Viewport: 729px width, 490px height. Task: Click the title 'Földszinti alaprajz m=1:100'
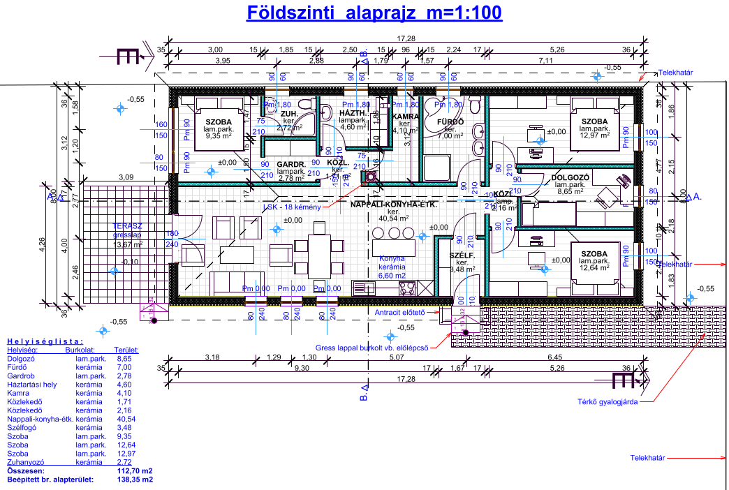(x=374, y=13)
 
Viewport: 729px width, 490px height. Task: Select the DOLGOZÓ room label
(x=570, y=178)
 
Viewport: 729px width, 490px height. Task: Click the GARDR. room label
(x=291, y=164)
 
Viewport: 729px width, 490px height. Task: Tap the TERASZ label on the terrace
(x=127, y=226)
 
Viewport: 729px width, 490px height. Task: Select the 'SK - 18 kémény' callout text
(x=293, y=207)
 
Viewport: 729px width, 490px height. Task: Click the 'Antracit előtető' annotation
(x=399, y=313)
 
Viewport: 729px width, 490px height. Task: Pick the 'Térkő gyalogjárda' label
(x=607, y=401)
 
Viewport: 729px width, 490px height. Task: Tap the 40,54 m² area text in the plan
(x=393, y=218)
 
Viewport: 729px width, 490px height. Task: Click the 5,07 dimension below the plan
(x=396, y=358)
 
